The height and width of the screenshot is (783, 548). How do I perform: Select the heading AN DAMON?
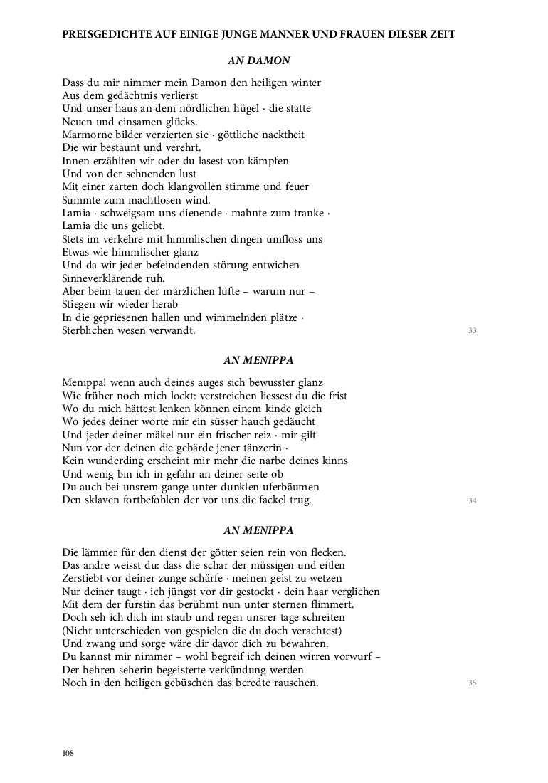pos(258,61)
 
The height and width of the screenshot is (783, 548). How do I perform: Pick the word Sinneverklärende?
pos(102,278)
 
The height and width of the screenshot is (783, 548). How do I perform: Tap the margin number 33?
pos(472,331)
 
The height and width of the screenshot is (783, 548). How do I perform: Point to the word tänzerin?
pos(262,448)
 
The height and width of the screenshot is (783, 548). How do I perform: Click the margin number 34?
pos(472,501)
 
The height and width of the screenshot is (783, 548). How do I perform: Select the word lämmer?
pos(101,552)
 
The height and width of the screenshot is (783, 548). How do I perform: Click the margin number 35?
pos(472,683)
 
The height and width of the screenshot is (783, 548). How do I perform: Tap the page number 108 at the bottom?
pos(68,754)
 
